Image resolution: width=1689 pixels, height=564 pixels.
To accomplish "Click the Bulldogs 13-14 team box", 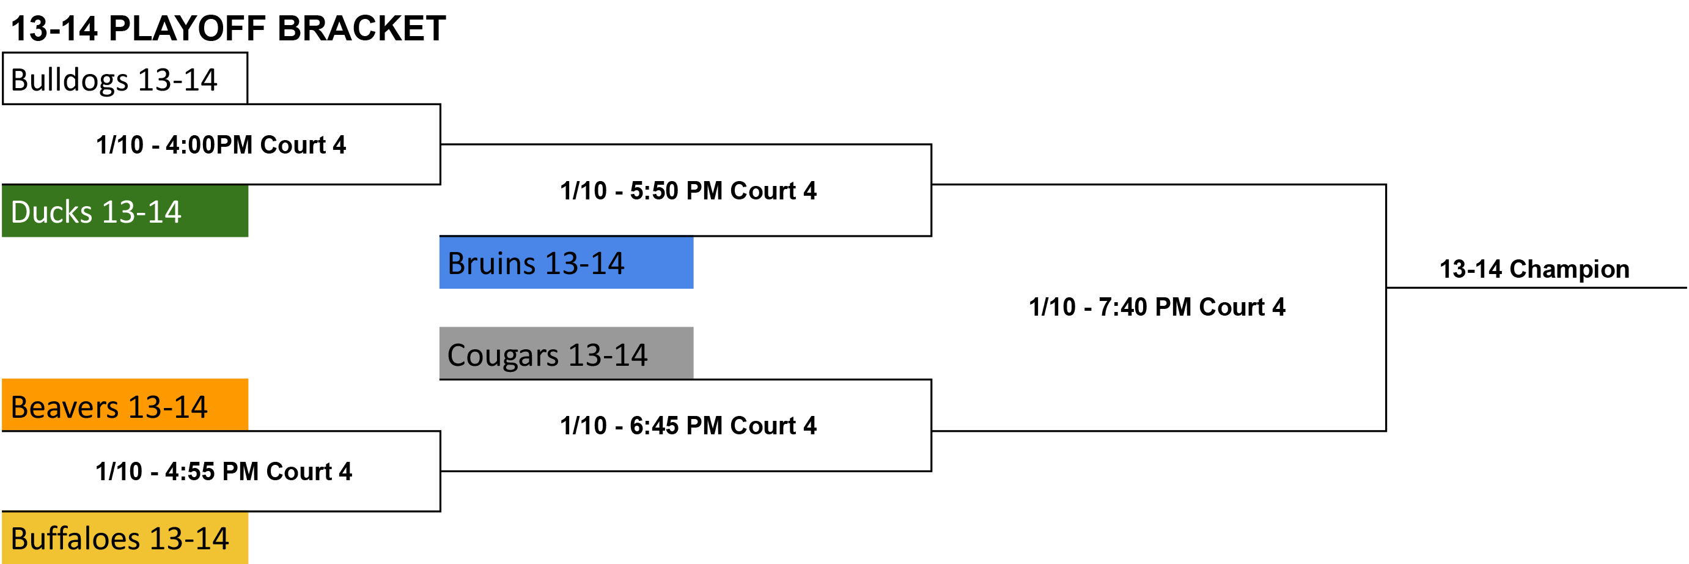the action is (125, 79).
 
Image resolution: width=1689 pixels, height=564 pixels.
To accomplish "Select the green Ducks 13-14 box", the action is (125, 211).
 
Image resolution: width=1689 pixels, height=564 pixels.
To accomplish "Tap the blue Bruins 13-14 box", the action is (566, 262).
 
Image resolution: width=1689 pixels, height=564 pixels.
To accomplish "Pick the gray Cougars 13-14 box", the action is (566, 353).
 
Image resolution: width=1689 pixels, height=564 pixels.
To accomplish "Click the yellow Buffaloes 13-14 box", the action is (125, 538).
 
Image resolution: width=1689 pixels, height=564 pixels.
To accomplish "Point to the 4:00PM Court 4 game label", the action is (221, 144).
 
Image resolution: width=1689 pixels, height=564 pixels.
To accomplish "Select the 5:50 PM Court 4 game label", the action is (688, 190).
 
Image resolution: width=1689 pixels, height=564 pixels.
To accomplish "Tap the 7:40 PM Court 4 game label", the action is (1157, 306).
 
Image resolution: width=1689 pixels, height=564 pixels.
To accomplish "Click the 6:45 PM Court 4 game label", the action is (688, 425).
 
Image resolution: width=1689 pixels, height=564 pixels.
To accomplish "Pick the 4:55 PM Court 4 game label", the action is (224, 471).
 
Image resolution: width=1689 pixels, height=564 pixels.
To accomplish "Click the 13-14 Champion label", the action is (1534, 269).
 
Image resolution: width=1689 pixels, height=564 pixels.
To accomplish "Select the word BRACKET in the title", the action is (361, 28).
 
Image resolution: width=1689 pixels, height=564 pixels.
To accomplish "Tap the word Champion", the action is (1569, 269).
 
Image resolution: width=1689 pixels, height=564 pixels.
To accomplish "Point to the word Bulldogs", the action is (70, 80).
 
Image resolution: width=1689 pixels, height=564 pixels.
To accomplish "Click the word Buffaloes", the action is (75, 538).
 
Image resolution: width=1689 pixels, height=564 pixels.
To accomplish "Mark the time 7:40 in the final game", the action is (1122, 306).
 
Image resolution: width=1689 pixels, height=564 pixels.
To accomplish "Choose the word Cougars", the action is (503, 355).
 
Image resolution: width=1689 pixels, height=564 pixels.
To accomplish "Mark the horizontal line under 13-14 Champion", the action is (1537, 288).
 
